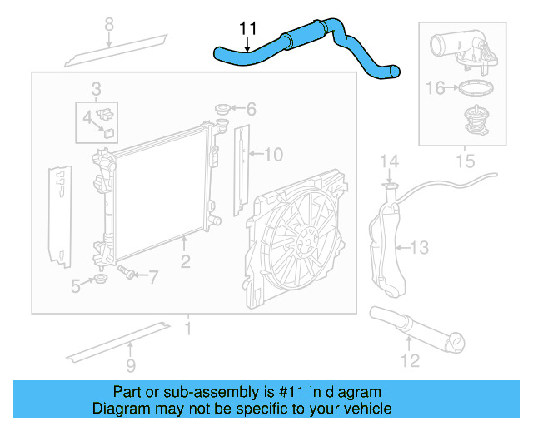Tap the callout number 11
(247, 28)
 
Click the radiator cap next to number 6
(222, 109)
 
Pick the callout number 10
(273, 154)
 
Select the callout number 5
(76, 286)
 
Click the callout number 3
(97, 88)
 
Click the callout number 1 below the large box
(188, 328)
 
